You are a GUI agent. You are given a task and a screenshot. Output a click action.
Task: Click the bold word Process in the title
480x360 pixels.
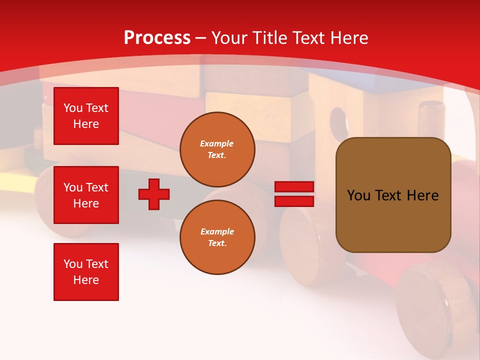click(x=157, y=38)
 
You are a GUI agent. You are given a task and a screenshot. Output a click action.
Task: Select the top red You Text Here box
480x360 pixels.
click(x=86, y=116)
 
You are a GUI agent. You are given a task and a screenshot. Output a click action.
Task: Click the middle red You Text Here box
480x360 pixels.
click(x=86, y=195)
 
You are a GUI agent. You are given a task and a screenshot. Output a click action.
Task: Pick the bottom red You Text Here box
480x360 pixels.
click(x=86, y=272)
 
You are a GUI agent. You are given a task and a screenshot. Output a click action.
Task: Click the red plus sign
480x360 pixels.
click(x=154, y=194)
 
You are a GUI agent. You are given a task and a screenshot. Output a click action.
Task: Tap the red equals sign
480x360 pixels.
click(x=294, y=194)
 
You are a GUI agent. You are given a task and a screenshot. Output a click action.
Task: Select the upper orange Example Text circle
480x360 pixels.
click(x=217, y=149)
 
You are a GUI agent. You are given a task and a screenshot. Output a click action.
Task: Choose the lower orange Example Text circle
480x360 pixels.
click(x=217, y=237)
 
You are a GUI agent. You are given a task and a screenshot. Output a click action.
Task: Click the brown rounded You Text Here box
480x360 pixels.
click(x=393, y=195)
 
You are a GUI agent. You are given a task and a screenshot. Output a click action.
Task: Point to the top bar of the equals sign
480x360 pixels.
click(x=294, y=187)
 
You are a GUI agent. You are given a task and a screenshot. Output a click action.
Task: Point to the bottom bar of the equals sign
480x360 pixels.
click(x=294, y=201)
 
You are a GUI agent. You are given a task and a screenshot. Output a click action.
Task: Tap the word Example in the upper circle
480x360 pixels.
click(x=217, y=143)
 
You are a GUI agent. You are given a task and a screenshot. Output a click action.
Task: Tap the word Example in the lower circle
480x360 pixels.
click(x=217, y=231)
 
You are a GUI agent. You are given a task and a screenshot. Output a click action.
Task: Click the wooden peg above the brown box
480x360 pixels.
click(x=431, y=118)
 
